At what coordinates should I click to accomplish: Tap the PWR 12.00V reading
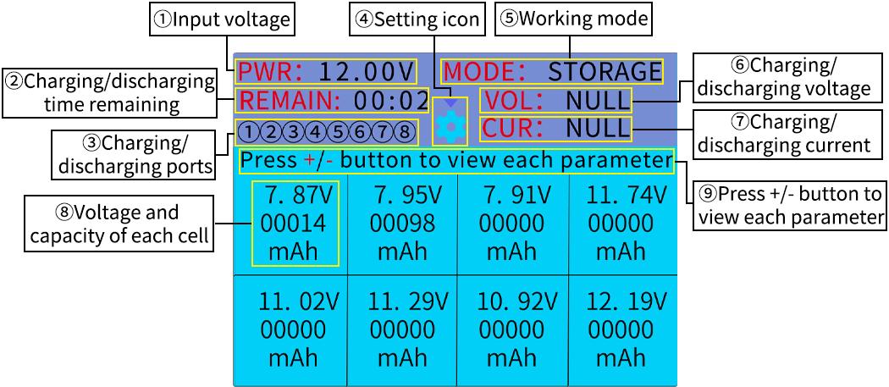tap(326, 70)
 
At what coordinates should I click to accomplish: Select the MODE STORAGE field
tap(551, 70)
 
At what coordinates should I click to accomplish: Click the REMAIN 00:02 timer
tap(333, 100)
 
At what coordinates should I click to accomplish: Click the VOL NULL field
tap(556, 101)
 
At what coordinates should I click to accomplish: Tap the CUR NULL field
tap(556, 129)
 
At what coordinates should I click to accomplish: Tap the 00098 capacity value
tap(402, 224)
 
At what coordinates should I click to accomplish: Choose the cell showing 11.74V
tap(623, 223)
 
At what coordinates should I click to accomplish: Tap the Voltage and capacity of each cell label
tap(119, 224)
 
